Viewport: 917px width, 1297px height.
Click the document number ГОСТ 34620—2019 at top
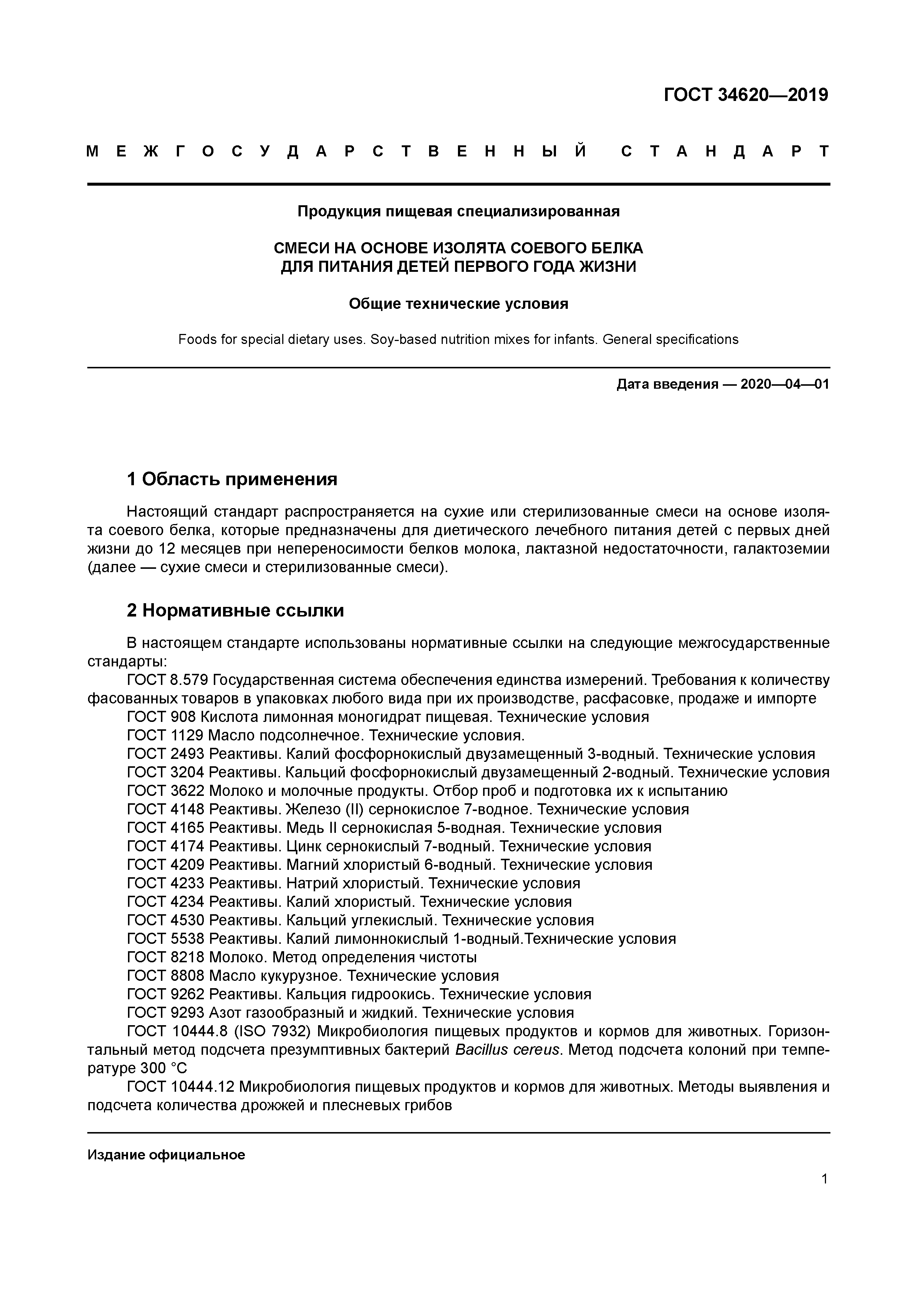click(745, 95)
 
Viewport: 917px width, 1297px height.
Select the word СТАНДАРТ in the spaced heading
click(725, 151)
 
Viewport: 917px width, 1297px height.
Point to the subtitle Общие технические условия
click(458, 304)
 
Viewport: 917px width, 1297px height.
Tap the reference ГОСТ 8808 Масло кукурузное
click(313, 976)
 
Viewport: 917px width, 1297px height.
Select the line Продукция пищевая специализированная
click(458, 211)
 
